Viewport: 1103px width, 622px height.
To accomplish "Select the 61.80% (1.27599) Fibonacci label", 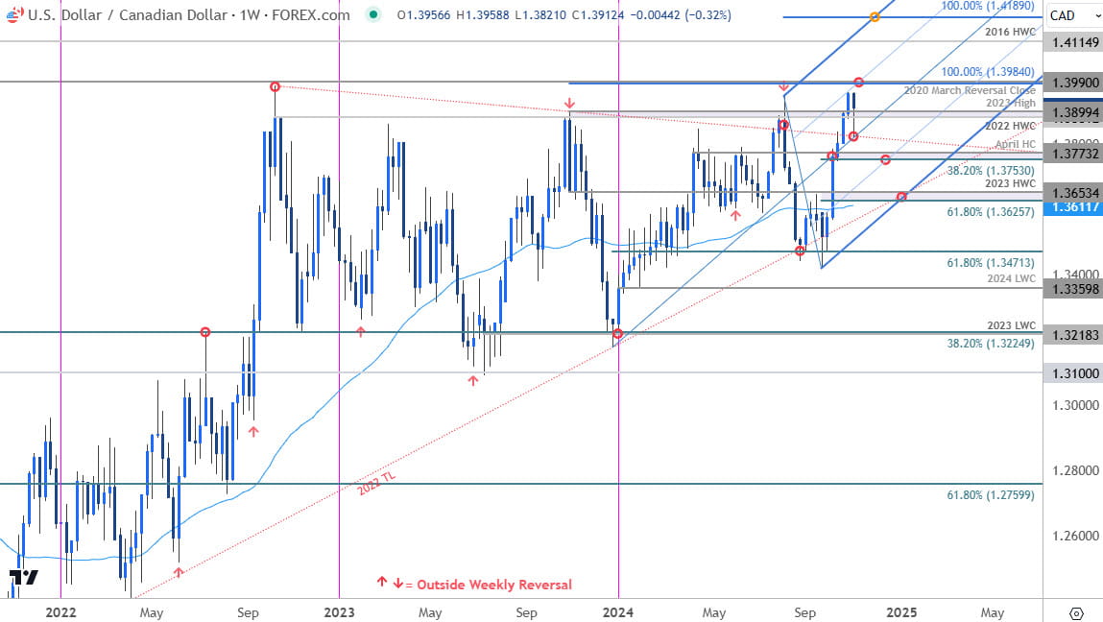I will pos(984,495).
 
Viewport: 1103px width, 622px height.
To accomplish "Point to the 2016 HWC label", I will pos(1011,32).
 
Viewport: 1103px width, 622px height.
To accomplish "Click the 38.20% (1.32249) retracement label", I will pos(984,343).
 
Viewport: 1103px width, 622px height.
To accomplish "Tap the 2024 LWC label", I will pos(1011,278).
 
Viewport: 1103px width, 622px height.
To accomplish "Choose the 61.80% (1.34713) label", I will pos(984,262).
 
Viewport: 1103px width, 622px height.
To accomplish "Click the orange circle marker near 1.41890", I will pos(874,17).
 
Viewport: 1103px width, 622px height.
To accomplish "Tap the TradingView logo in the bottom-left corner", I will pos(23,578).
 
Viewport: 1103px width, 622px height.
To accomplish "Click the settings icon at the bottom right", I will pos(1075,612).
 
